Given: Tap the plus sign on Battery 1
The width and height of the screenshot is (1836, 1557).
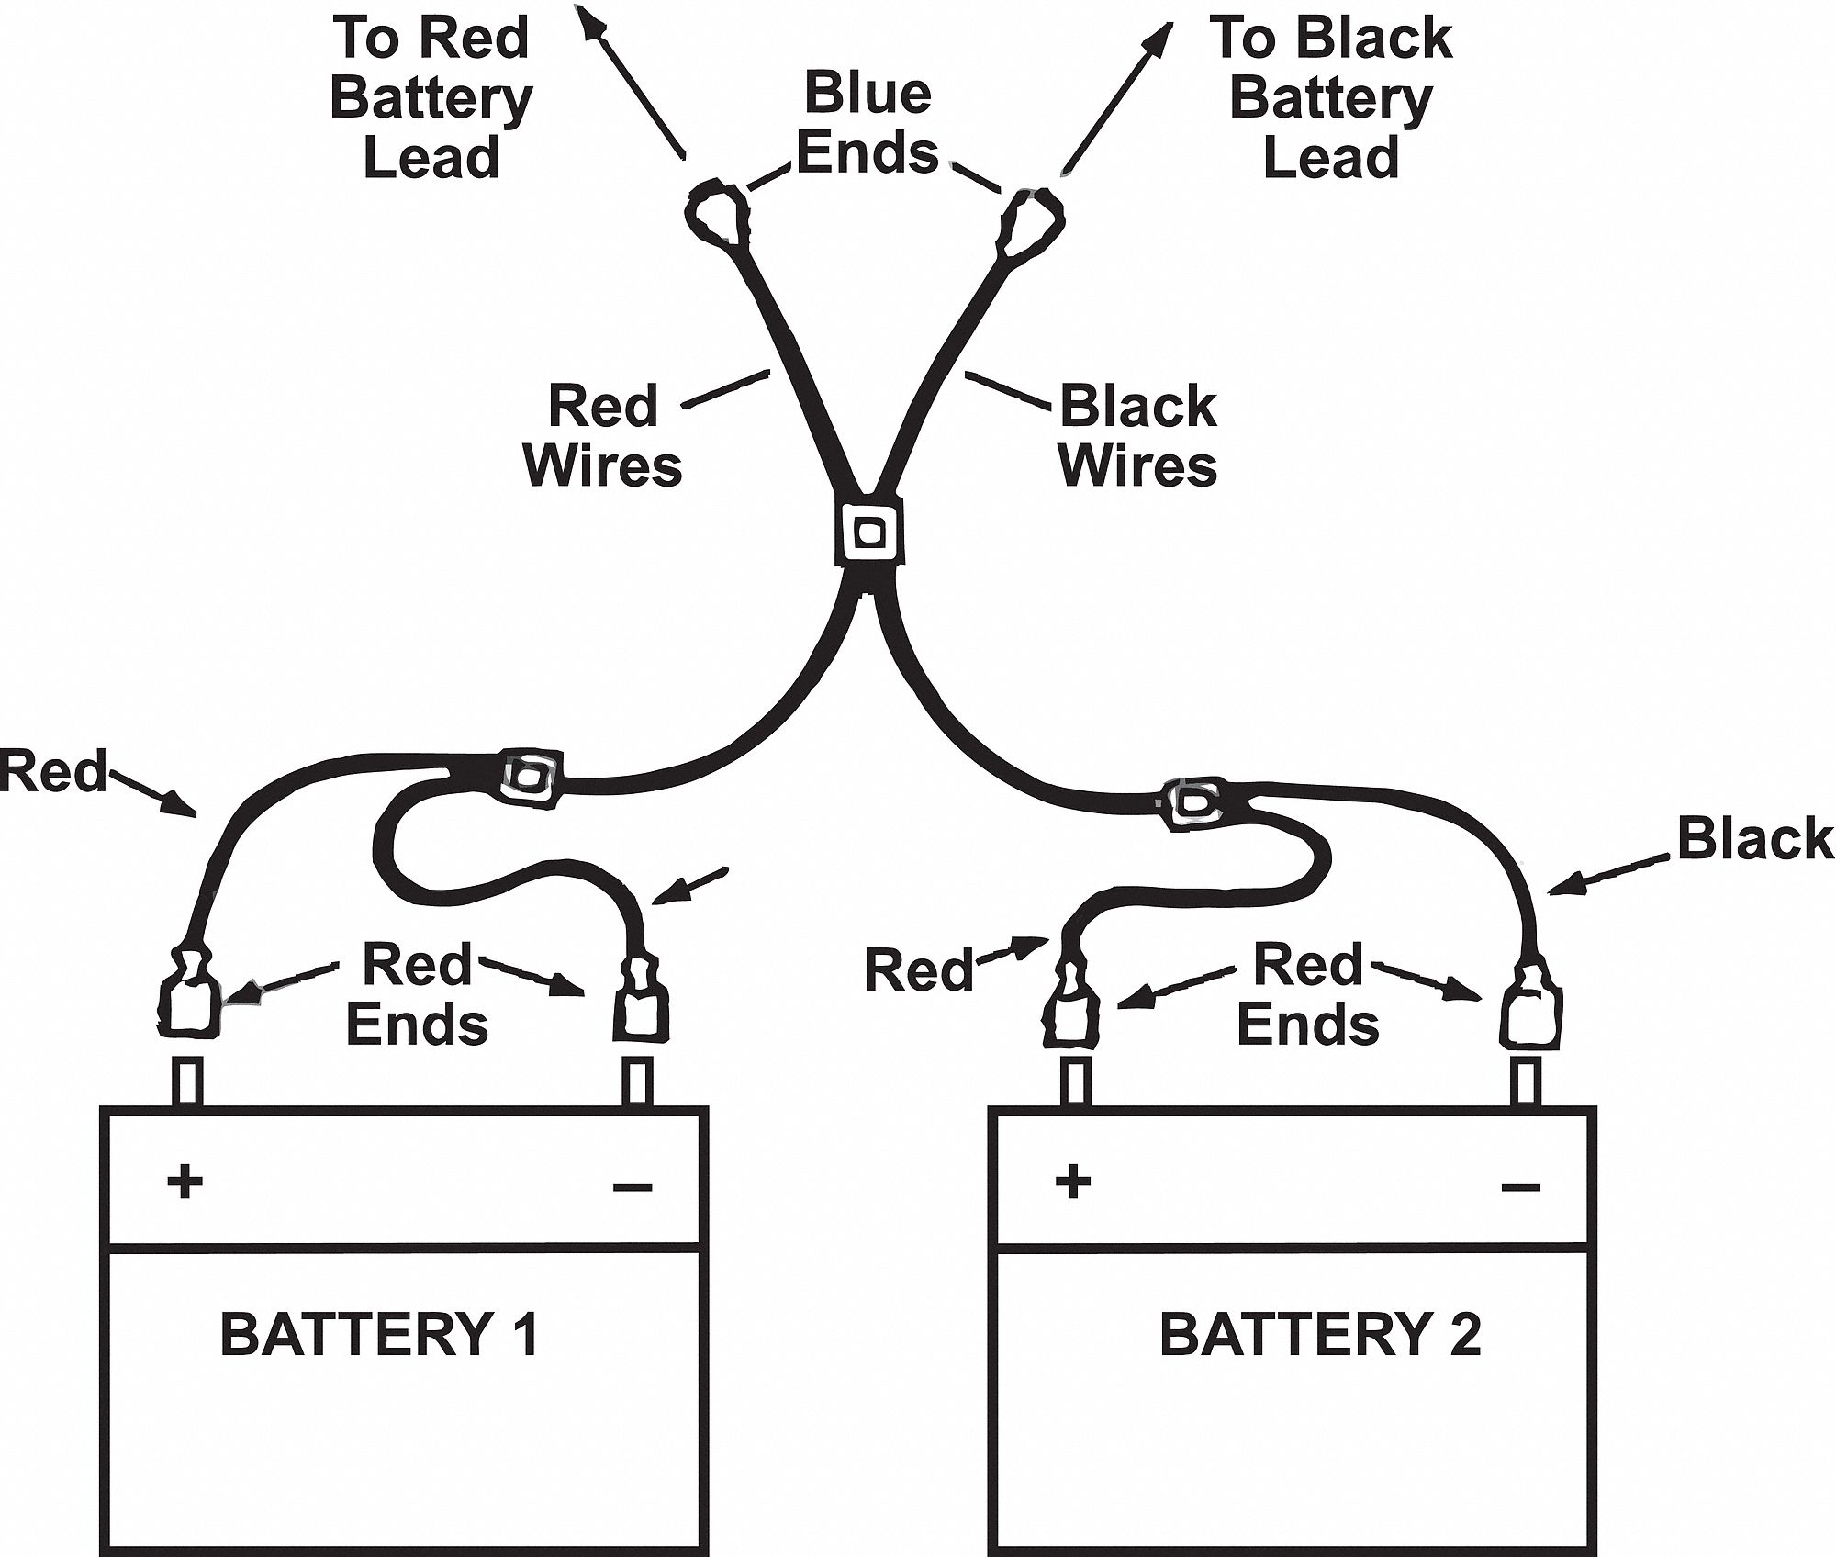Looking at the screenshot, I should pos(185,1182).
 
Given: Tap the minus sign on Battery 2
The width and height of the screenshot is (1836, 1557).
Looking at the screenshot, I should pos(1520,1187).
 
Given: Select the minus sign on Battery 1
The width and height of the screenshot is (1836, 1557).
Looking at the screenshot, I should pos(632,1187).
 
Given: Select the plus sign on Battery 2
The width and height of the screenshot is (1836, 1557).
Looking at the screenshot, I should pos(1073,1182).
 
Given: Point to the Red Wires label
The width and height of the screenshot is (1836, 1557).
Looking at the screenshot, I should pos(603,435).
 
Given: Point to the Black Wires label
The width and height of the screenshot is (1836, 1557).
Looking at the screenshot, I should pos(1137,435).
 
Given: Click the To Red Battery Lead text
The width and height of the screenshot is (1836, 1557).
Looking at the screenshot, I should pos(431,97).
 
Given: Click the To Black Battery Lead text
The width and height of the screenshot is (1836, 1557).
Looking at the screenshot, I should pos(1331,97).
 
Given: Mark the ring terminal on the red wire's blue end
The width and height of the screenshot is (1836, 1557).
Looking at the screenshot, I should pos(719,213).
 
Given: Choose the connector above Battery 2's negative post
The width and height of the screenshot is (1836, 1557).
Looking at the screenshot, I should pos(1530,1010).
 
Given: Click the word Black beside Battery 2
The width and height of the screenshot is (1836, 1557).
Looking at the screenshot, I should pos(1754,839).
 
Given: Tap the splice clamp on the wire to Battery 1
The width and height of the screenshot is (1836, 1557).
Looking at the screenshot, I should pos(530,779).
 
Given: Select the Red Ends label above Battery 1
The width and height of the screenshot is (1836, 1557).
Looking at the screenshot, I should pos(417,994).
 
